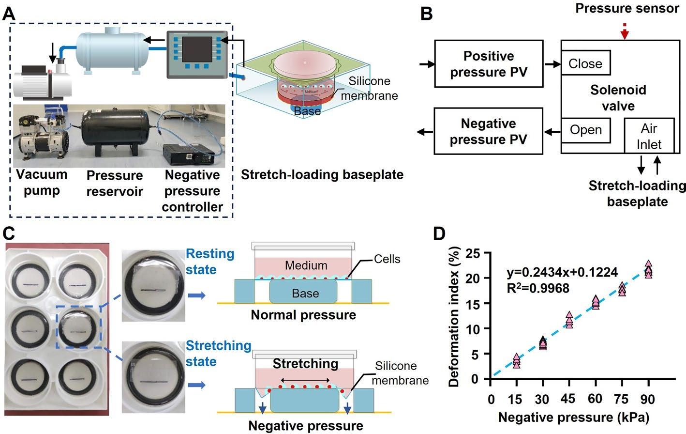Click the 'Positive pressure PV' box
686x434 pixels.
click(489, 64)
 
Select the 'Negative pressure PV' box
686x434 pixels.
click(488, 131)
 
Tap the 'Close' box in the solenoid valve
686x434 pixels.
click(585, 63)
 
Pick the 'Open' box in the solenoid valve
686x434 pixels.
click(585, 130)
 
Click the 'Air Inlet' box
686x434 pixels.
click(649, 136)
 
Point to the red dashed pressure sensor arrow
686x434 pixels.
click(625, 31)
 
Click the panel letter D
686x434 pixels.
click(439, 234)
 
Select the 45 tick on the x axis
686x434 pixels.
click(568, 399)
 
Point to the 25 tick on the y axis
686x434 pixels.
click(473, 253)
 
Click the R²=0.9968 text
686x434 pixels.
click(538, 289)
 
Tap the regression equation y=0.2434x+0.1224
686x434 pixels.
click(562, 272)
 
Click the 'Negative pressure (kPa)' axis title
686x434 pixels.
click(573, 418)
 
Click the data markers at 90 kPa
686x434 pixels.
click(648, 270)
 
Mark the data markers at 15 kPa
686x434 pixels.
click(517, 361)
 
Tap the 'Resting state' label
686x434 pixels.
click(210, 262)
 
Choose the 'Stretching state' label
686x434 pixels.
click(218, 353)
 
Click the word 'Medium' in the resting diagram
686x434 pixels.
click(306, 265)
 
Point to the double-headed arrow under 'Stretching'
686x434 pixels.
click(306, 380)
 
